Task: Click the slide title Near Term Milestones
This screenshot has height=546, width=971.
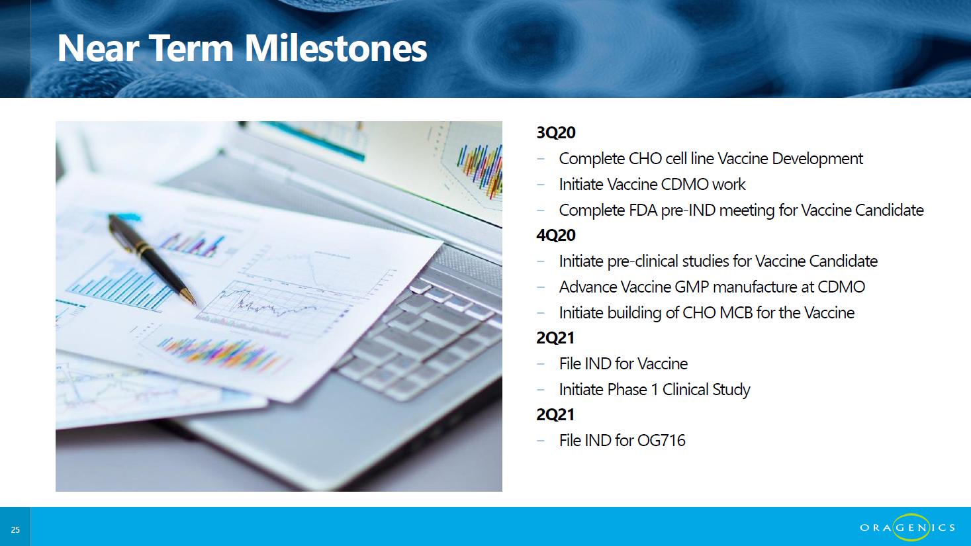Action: [x=242, y=48]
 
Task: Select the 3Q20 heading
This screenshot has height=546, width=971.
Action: [x=556, y=132]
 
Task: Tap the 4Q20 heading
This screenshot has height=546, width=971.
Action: [x=556, y=236]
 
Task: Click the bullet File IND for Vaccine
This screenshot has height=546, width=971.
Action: [x=624, y=364]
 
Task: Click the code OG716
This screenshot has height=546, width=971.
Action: [x=661, y=441]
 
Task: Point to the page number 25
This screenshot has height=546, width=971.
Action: [x=15, y=529]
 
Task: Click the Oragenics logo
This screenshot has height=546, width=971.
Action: [x=907, y=527]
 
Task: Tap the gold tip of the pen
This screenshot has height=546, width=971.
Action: [x=189, y=296]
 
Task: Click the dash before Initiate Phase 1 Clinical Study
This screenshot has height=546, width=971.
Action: [x=540, y=390]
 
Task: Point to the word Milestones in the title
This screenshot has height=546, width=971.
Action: [x=336, y=48]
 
